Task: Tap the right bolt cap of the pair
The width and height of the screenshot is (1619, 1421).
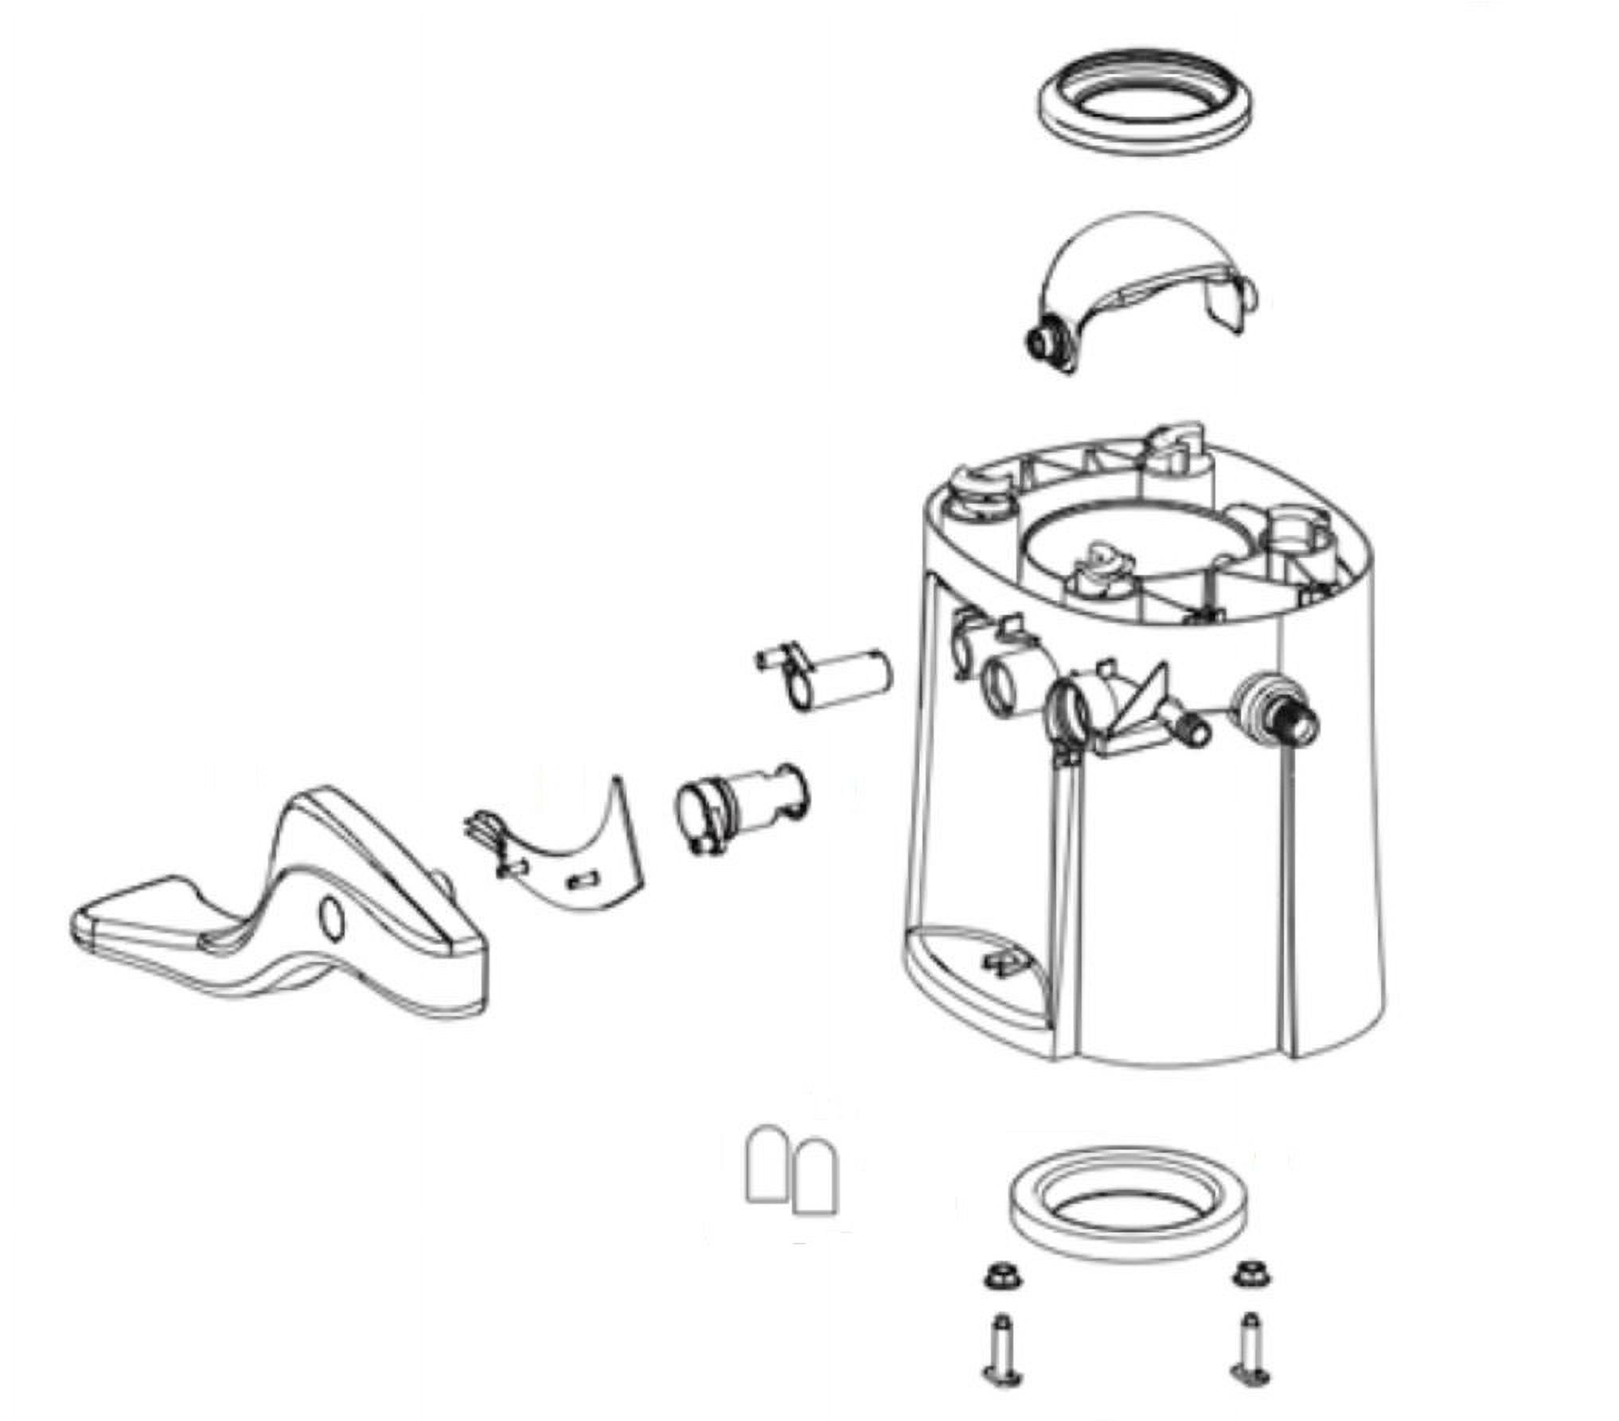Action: [815, 1177]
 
